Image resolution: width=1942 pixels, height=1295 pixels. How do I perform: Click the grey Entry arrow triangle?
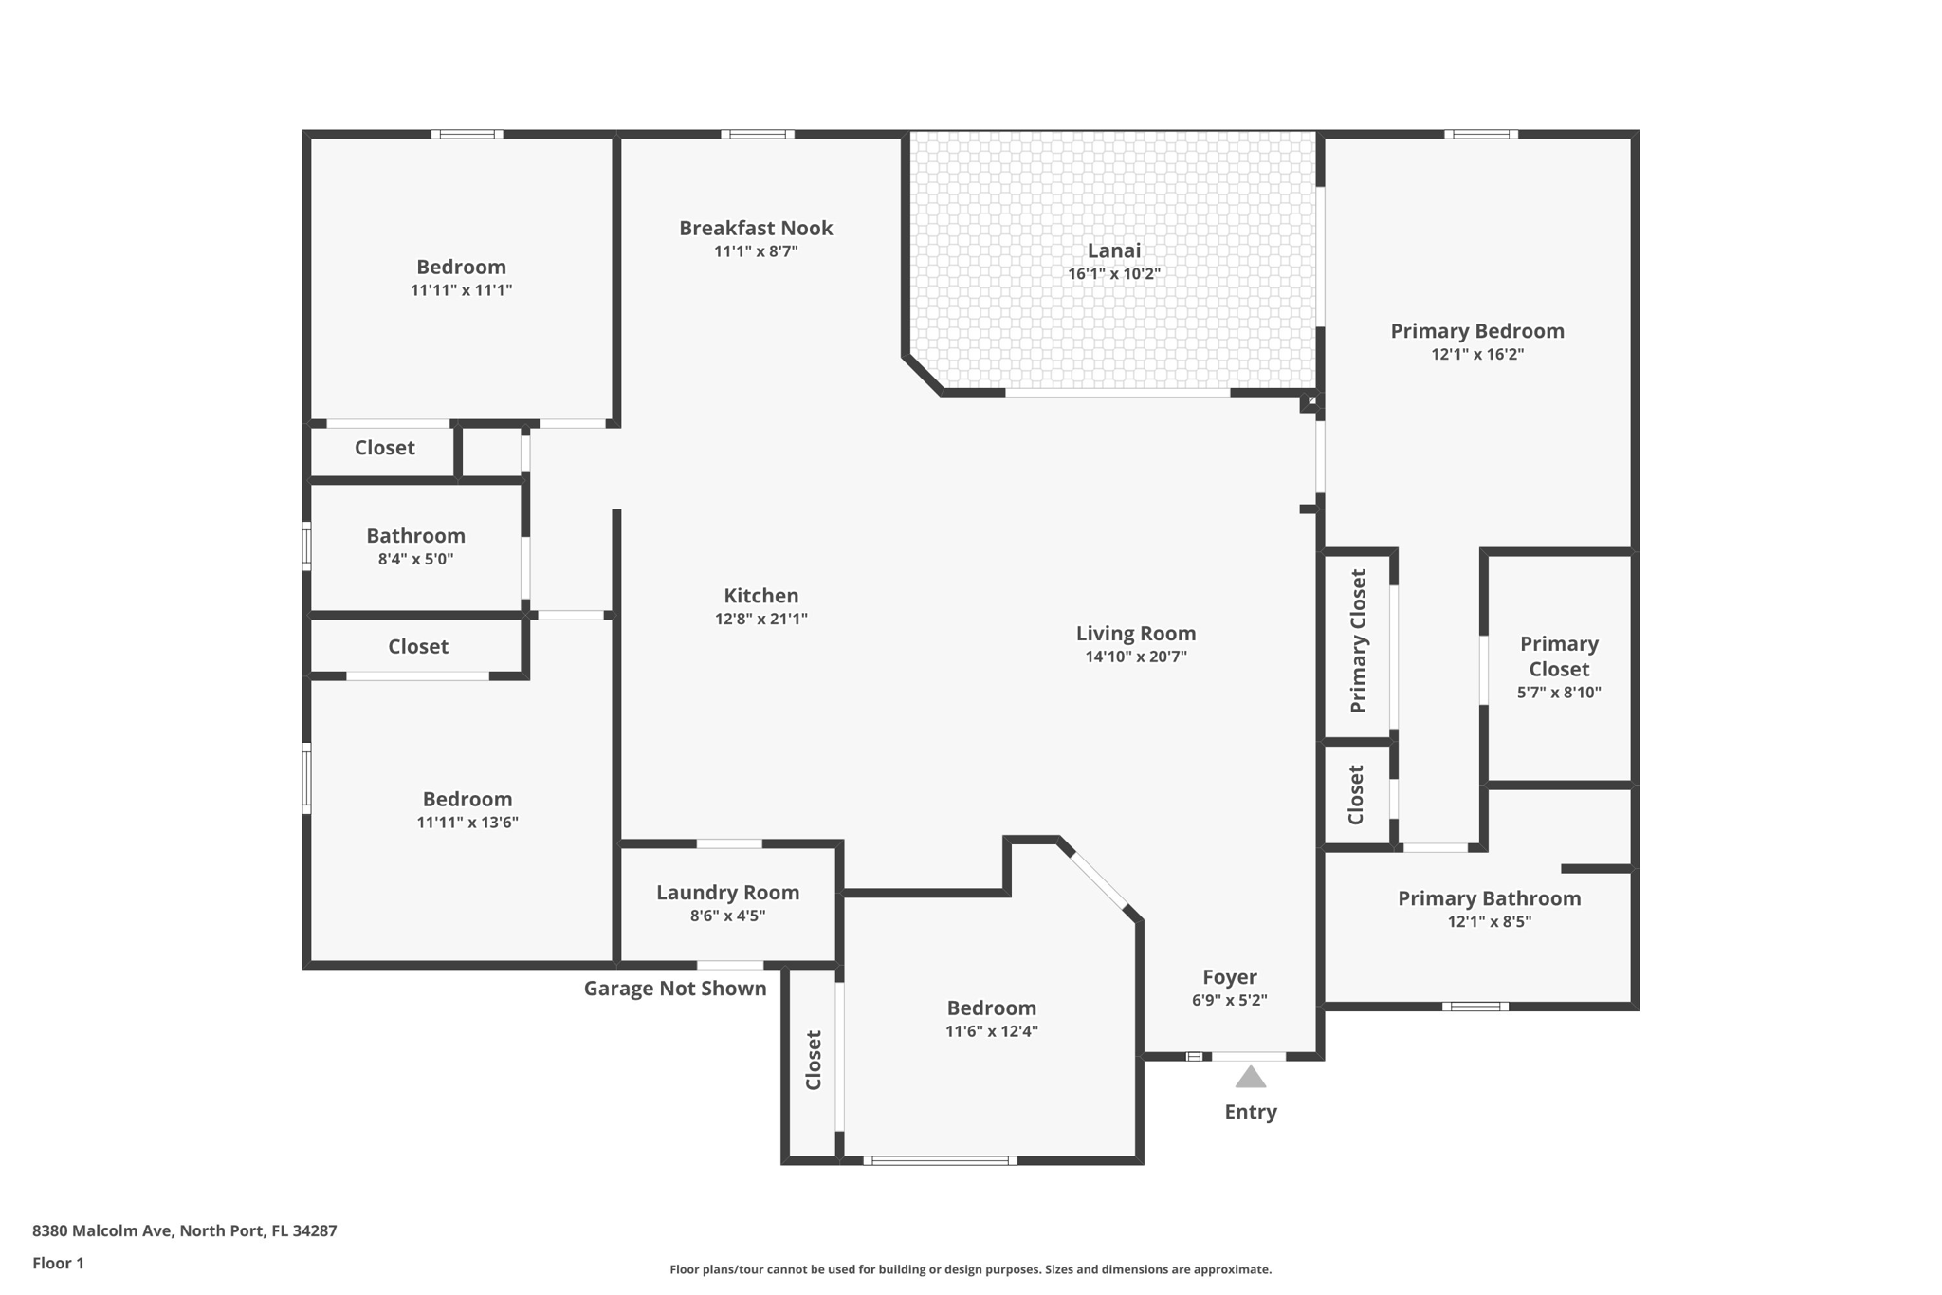pyautogui.click(x=1250, y=1077)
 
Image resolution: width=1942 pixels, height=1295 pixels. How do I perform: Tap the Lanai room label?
pyautogui.click(x=1113, y=250)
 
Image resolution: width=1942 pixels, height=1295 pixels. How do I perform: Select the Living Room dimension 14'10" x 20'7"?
pyautogui.click(x=1135, y=657)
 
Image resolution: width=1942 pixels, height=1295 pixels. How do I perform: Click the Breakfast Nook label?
pyautogui.click(x=755, y=228)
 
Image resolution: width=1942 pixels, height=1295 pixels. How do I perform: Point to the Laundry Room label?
pyautogui.click(x=727, y=893)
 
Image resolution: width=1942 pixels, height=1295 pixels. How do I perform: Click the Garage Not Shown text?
pyautogui.click(x=674, y=989)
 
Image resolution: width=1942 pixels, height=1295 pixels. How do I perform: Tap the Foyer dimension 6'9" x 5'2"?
pyautogui.click(x=1229, y=1000)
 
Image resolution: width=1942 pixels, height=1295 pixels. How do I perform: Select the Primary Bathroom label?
pyautogui.click(x=1489, y=898)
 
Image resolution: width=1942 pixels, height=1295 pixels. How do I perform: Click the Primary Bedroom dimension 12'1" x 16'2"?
pyautogui.click(x=1476, y=355)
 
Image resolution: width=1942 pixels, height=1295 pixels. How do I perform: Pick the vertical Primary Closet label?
pyautogui.click(x=1358, y=641)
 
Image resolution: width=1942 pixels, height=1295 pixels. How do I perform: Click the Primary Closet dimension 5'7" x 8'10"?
pyautogui.click(x=1558, y=693)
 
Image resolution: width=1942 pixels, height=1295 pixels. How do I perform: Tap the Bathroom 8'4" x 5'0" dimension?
pyautogui.click(x=415, y=560)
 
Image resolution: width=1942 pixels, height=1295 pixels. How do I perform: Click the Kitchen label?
pyautogui.click(x=760, y=596)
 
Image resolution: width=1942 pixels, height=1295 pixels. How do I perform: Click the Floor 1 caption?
pyautogui.click(x=58, y=1263)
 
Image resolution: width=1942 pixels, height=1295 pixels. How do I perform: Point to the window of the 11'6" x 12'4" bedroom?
pyautogui.click(x=939, y=1160)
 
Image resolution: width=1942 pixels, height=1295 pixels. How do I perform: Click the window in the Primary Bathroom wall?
pyautogui.click(x=1475, y=1006)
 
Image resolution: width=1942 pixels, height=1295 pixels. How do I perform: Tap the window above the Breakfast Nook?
pyautogui.click(x=757, y=135)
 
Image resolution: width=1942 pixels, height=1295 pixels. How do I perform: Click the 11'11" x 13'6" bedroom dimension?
pyautogui.click(x=467, y=823)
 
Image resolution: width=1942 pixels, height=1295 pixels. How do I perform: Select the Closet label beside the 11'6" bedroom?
pyautogui.click(x=813, y=1060)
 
